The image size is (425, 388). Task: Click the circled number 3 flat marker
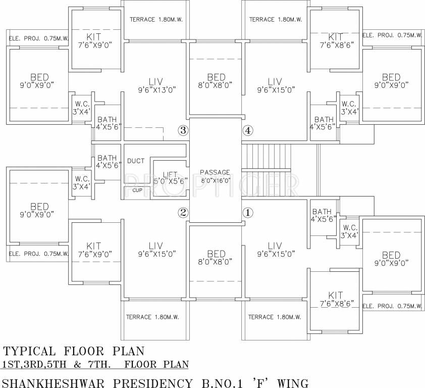183,131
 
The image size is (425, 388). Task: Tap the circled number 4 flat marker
247,131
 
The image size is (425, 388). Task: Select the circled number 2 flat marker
183,213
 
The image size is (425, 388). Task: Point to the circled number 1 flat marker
247,213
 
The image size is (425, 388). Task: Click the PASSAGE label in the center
215,172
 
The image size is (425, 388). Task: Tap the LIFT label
170,173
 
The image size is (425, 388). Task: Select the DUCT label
136,161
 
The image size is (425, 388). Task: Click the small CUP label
137,190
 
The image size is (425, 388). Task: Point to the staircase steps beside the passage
267,157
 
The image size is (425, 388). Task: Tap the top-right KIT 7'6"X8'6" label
335,41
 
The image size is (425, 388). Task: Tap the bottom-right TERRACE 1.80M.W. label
275,317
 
